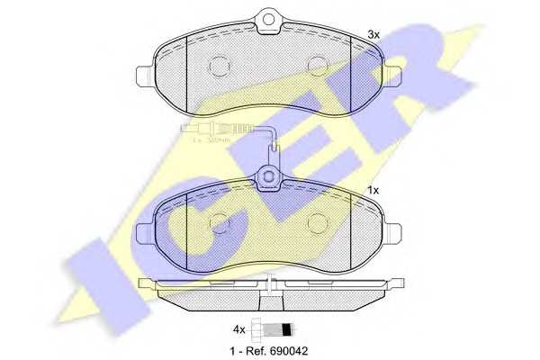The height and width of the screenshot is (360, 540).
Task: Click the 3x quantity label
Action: (x=373, y=34)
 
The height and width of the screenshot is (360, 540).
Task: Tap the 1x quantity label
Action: (x=373, y=190)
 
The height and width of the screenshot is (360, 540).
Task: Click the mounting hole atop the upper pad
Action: (x=268, y=17)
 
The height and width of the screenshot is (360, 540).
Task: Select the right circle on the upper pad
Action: (x=316, y=65)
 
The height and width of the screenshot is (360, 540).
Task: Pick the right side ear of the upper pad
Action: (x=393, y=75)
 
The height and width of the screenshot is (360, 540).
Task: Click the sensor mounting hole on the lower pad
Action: (x=269, y=177)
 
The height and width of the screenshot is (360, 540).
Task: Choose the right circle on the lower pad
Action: (x=316, y=221)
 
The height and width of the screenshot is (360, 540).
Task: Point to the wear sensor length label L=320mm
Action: (x=212, y=140)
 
